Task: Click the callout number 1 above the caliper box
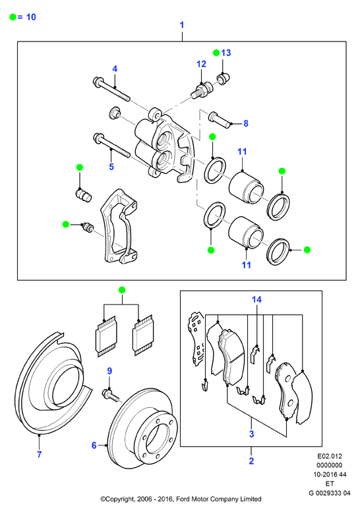tap(182, 25)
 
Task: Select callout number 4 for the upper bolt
tap(115, 69)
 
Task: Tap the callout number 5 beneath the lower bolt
tap(111, 167)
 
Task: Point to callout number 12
tap(202, 64)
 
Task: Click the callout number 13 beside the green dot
tap(226, 53)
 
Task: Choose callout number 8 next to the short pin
tap(246, 123)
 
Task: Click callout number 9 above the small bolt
tap(109, 371)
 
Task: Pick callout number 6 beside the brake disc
tap(94, 445)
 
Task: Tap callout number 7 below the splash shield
tap(39, 454)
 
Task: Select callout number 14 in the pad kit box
tap(256, 299)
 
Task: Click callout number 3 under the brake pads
tap(252, 434)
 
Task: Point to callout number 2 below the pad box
tap(251, 461)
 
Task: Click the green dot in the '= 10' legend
tap(13, 17)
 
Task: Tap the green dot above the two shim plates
tap(122, 290)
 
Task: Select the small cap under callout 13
tap(224, 78)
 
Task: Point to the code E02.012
tap(330, 456)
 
